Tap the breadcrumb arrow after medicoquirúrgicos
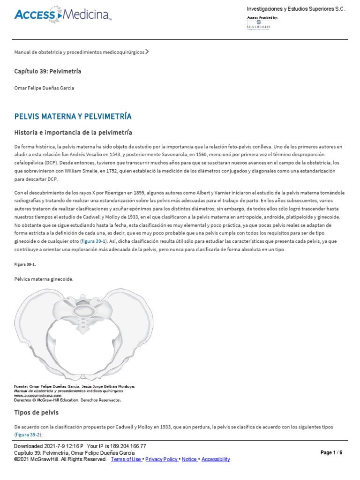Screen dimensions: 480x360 [x=147, y=52]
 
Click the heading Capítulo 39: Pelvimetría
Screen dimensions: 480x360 [x=48, y=71]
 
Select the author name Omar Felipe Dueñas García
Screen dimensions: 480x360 [x=44, y=88]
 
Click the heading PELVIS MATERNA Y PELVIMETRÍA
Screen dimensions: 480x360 [x=73, y=116]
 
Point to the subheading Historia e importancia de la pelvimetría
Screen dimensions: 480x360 [x=73, y=133]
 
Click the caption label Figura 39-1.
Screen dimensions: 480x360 [x=25, y=264]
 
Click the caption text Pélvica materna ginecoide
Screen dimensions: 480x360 [x=44, y=279]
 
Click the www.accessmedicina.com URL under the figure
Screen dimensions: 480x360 [x=38, y=395]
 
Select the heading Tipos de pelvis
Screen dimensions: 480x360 [x=37, y=412]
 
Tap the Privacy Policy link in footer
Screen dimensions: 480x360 [x=162, y=459]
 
